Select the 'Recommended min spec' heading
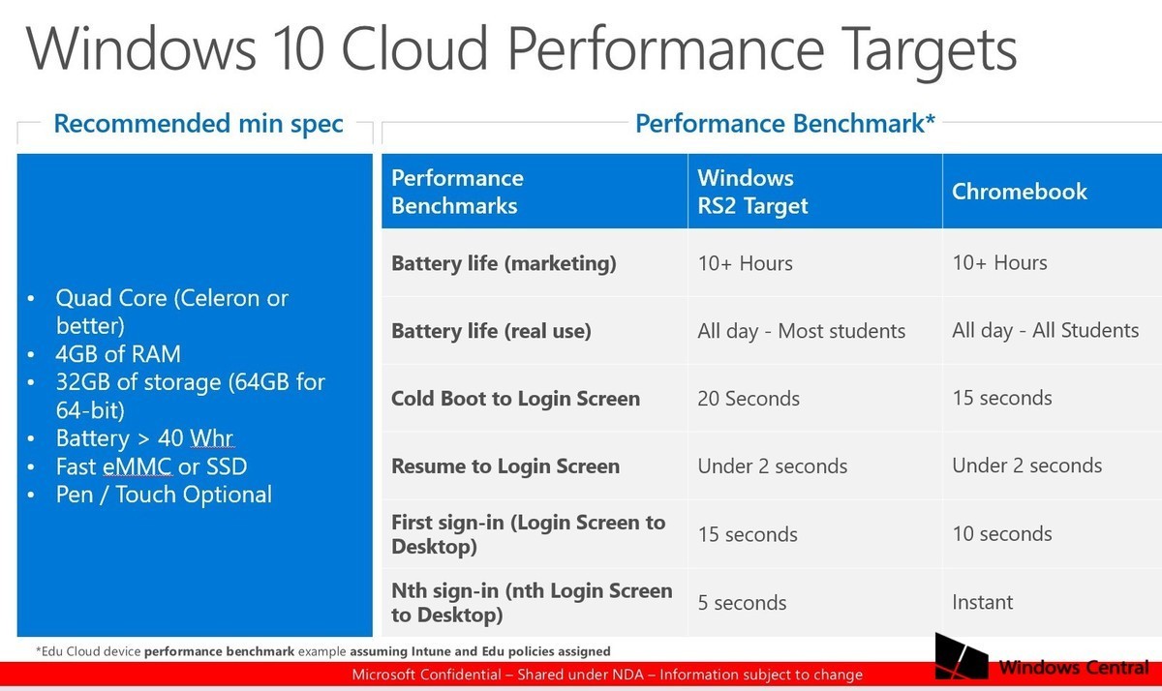pos(198,124)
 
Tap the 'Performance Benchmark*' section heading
pos(784,124)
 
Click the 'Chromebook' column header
pos(1020,192)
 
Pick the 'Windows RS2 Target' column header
pos(752,192)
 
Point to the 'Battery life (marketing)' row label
pos(504,263)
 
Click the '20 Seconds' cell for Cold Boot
pos(749,399)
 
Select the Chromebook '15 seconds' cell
pos(1002,399)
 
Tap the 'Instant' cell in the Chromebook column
pos(982,602)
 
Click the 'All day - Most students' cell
pos(801,331)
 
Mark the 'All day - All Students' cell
pos(1045,331)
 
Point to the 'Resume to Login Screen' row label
pos(505,466)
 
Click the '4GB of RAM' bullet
pos(118,354)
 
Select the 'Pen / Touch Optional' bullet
pos(164,496)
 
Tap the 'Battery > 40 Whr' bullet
pos(144,438)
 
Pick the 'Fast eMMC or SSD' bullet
pos(151,467)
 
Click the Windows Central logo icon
pos(962,658)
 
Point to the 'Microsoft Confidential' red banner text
pos(606,675)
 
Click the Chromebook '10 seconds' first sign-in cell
pos(1002,534)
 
